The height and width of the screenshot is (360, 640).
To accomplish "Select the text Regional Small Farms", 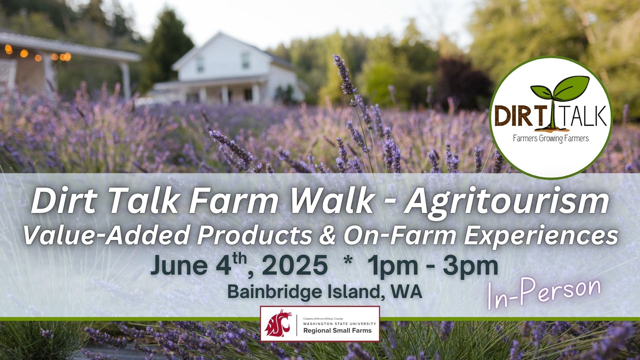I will point(337,331).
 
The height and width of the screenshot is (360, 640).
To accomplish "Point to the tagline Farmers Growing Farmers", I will point(551,138).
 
